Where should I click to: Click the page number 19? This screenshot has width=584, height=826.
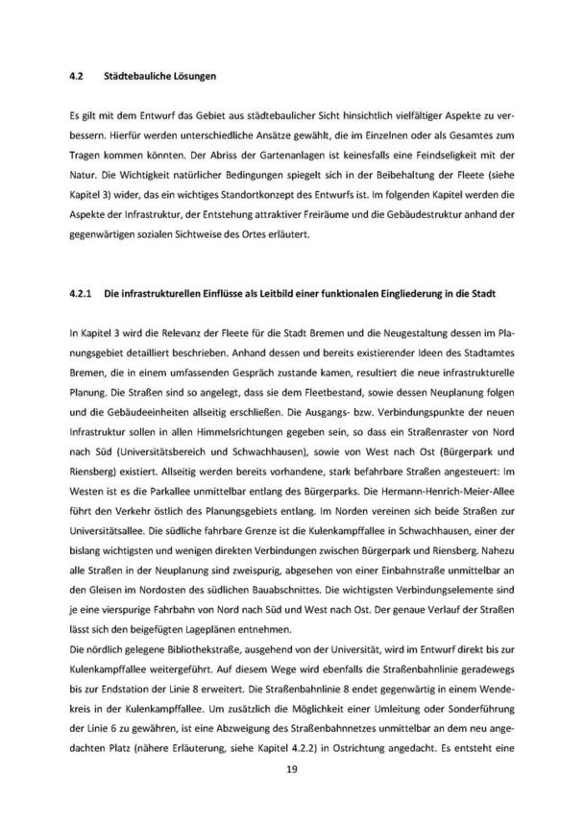pos(292,769)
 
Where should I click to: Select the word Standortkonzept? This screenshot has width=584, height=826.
pos(247,196)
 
